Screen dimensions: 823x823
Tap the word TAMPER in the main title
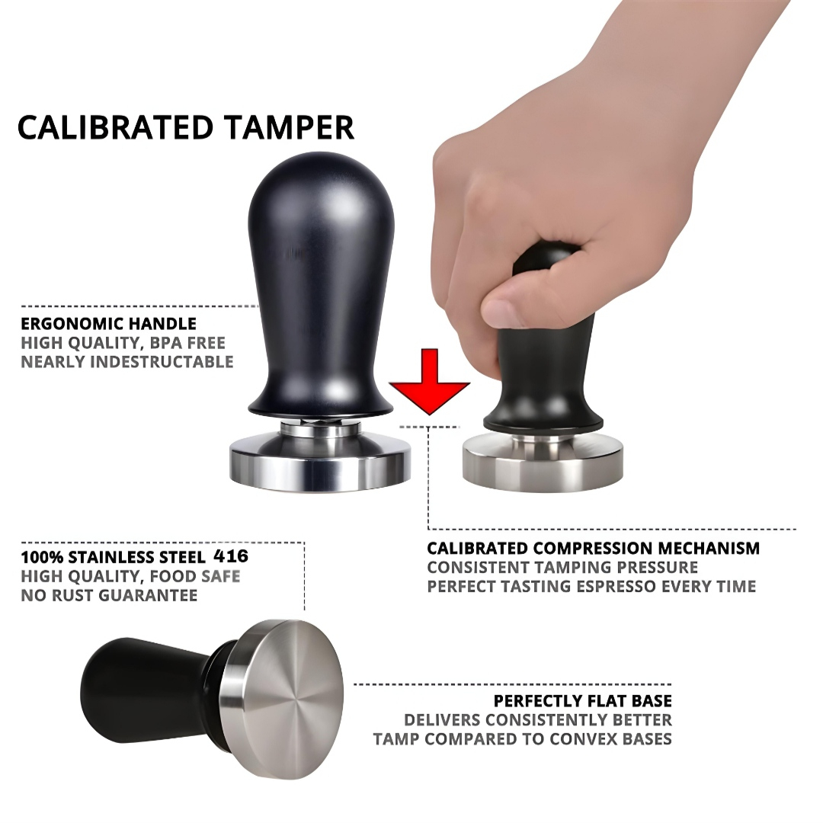point(297,127)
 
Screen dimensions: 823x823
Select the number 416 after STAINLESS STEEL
point(232,556)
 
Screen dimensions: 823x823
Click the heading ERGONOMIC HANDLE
point(108,324)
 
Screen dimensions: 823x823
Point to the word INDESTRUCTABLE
point(162,361)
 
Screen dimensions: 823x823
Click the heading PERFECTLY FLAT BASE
point(582,701)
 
